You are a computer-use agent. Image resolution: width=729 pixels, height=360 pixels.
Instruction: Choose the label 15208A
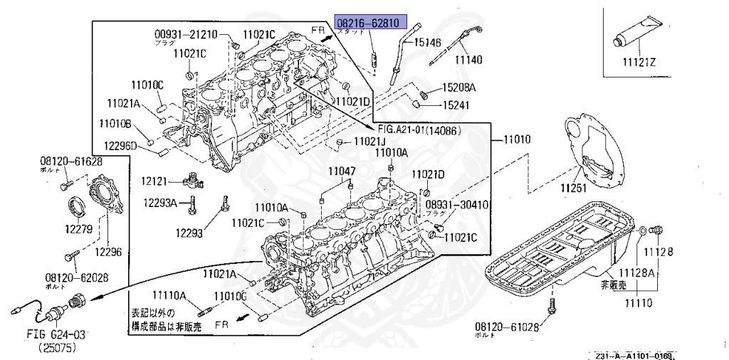458,88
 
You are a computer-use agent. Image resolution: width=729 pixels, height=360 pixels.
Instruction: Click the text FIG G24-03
46,334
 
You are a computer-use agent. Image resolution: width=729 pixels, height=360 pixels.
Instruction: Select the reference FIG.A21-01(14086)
419,131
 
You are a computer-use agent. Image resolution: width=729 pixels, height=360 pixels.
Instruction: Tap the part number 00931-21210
187,33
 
